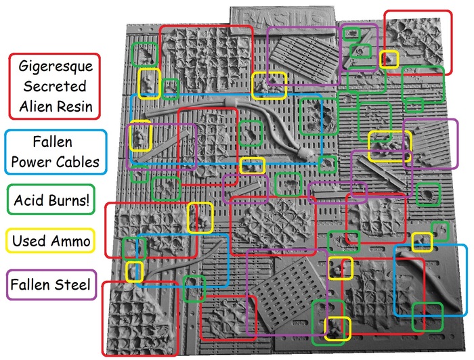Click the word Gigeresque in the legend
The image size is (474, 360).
(56, 68)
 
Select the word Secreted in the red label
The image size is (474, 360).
(56, 87)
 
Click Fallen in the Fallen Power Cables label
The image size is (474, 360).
(56, 143)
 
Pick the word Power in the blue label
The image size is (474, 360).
(34, 162)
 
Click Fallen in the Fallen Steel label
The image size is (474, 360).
(30, 285)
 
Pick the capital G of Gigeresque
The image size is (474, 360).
(20, 68)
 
